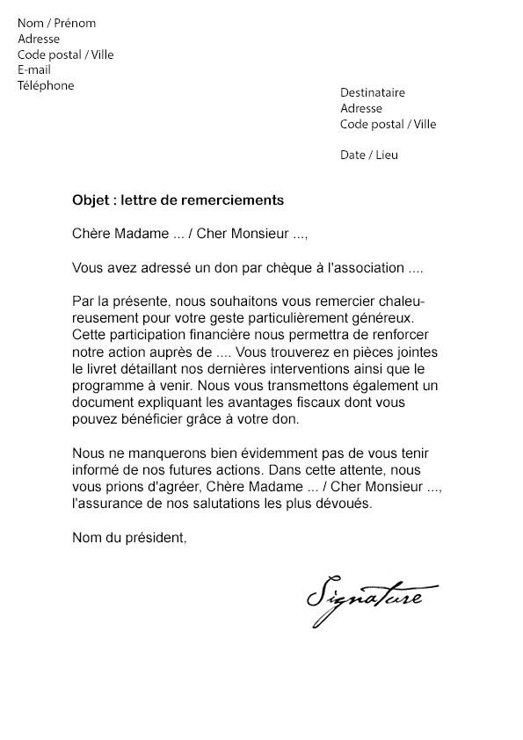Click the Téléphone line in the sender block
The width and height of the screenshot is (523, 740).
46,86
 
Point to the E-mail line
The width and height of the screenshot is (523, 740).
34,70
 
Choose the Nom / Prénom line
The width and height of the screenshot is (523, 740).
57,23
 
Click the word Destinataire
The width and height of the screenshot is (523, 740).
373,92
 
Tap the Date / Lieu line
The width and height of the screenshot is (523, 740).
368,156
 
